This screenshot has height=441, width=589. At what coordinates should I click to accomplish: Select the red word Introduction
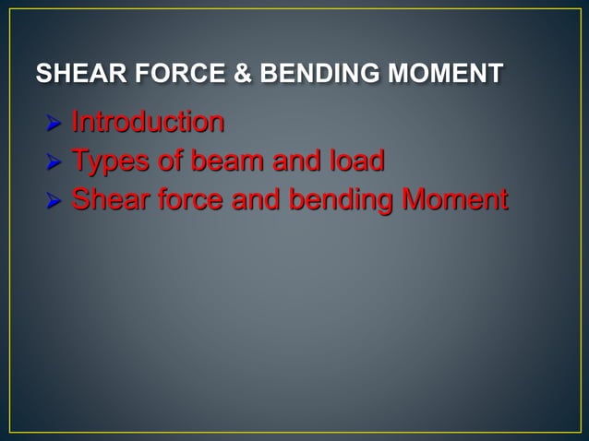pyautogui.click(x=148, y=123)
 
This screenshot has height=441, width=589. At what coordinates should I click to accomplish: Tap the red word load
pyautogui.click(x=358, y=161)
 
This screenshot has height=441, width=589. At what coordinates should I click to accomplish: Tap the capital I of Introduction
pyautogui.click(x=76, y=123)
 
